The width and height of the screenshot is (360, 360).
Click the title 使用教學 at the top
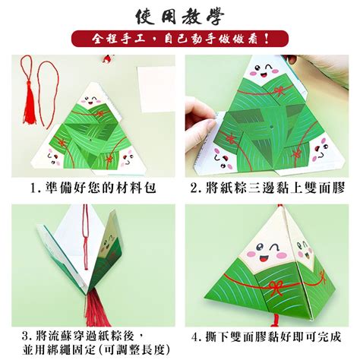(180, 17)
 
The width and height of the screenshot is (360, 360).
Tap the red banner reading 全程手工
(180, 39)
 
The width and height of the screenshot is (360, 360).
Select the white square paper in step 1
(156, 89)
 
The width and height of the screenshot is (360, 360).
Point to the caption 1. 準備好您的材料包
(93, 188)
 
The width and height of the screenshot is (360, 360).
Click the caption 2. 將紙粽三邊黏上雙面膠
(267, 188)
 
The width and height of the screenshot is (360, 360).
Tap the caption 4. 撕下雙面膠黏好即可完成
(267, 337)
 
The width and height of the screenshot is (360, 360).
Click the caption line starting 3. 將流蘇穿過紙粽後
(84, 336)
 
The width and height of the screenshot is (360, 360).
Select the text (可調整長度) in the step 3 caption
(134, 350)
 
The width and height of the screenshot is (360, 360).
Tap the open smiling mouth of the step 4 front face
(264, 258)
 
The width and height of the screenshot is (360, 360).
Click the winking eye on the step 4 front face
(274, 246)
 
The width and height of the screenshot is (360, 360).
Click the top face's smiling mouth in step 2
(264, 75)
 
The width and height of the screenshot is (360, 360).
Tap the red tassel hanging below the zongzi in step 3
(97, 308)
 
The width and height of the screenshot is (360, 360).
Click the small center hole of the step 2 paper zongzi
(270, 126)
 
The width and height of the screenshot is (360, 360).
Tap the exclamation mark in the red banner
(266, 39)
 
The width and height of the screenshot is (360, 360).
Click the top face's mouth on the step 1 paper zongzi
(91, 103)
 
